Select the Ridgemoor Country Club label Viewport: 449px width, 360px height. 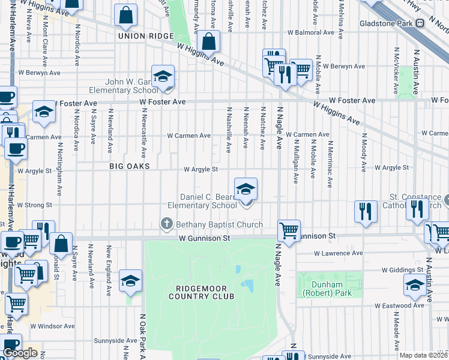[200, 292]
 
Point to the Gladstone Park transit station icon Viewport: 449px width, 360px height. [420, 23]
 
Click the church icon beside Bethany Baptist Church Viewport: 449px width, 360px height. [166, 224]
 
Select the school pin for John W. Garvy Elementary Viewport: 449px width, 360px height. [162, 77]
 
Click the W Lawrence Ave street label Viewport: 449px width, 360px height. [337, 253]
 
